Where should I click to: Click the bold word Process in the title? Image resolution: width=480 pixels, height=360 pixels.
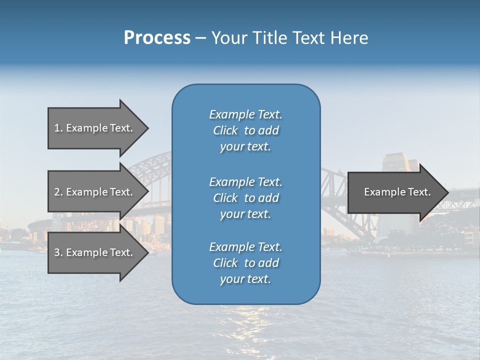pyautogui.click(x=157, y=38)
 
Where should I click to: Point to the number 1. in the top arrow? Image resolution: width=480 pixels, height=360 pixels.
pyautogui.click(x=58, y=128)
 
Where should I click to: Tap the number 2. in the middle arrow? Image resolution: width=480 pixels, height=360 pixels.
pyautogui.click(x=58, y=192)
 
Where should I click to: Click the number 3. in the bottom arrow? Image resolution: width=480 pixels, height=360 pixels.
pyautogui.click(x=58, y=252)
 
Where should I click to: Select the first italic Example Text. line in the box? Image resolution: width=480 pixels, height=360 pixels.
pyautogui.click(x=245, y=114)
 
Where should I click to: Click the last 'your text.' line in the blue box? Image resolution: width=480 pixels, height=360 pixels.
pyautogui.click(x=245, y=279)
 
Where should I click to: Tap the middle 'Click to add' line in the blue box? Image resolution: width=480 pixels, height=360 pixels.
pyautogui.click(x=245, y=198)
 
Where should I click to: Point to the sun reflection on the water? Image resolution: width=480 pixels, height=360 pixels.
pyautogui.click(x=245, y=320)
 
